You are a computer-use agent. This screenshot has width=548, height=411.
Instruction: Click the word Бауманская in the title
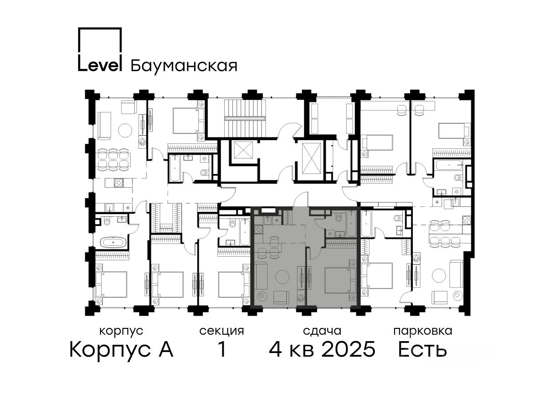184,66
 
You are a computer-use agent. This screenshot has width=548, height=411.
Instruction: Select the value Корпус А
121,350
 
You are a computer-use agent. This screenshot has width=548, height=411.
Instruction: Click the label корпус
121,332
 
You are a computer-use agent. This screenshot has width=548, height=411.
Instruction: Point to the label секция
221,331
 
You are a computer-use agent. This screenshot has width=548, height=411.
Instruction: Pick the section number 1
222,349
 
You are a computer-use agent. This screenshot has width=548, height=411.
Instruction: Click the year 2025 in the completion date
348,349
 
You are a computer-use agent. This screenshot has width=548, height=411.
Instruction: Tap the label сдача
322,331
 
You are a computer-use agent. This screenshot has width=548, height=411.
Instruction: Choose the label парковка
423,332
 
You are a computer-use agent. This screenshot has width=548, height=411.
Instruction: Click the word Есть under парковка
422,349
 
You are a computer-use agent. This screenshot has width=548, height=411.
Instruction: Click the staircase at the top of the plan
244,118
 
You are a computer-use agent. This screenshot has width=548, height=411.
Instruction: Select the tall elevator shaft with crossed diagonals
311,158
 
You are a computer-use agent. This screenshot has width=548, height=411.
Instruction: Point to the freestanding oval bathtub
114,242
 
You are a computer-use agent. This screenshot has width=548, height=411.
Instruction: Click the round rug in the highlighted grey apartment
282,277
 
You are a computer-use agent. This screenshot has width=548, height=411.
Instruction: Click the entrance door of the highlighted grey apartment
300,199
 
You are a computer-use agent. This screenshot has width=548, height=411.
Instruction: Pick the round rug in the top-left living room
125,130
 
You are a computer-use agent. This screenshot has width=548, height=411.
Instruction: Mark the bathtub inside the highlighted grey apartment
351,223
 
